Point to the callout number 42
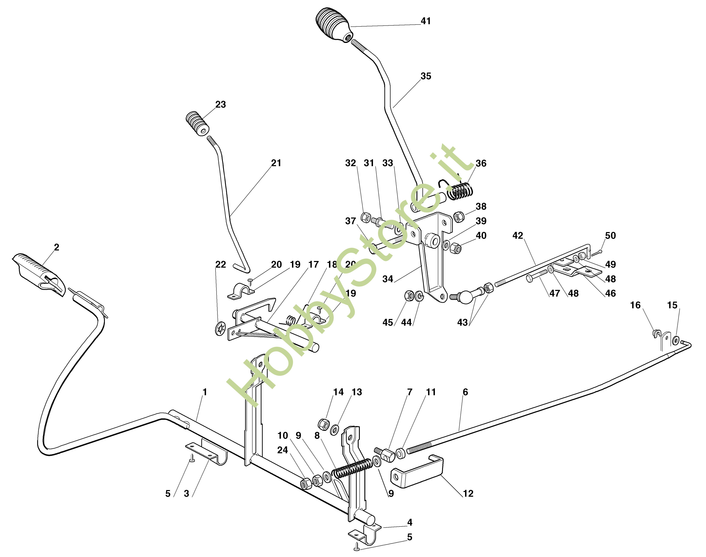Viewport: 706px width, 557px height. [518, 235]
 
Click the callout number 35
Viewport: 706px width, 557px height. [426, 76]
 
